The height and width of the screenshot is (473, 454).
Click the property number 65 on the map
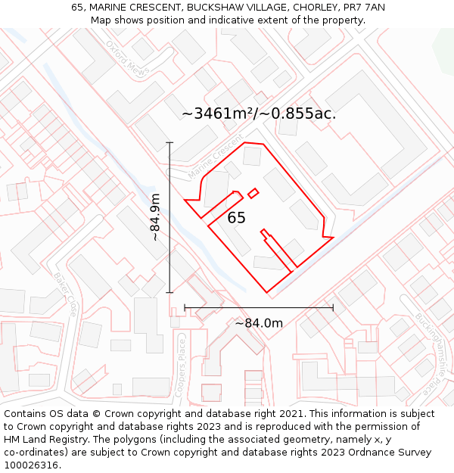coord(237,218)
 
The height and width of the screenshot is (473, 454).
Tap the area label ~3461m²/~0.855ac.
coord(259,114)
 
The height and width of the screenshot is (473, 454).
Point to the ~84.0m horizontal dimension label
coord(259,323)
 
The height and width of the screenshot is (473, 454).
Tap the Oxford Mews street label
coord(124,58)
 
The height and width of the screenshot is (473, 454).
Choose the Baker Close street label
coord(65,294)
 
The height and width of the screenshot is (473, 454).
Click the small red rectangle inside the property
coord(253,192)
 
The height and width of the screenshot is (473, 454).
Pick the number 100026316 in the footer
coord(31,465)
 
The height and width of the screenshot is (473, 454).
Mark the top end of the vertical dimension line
coord(169,142)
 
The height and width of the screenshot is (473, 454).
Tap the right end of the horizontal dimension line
coord(333,308)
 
